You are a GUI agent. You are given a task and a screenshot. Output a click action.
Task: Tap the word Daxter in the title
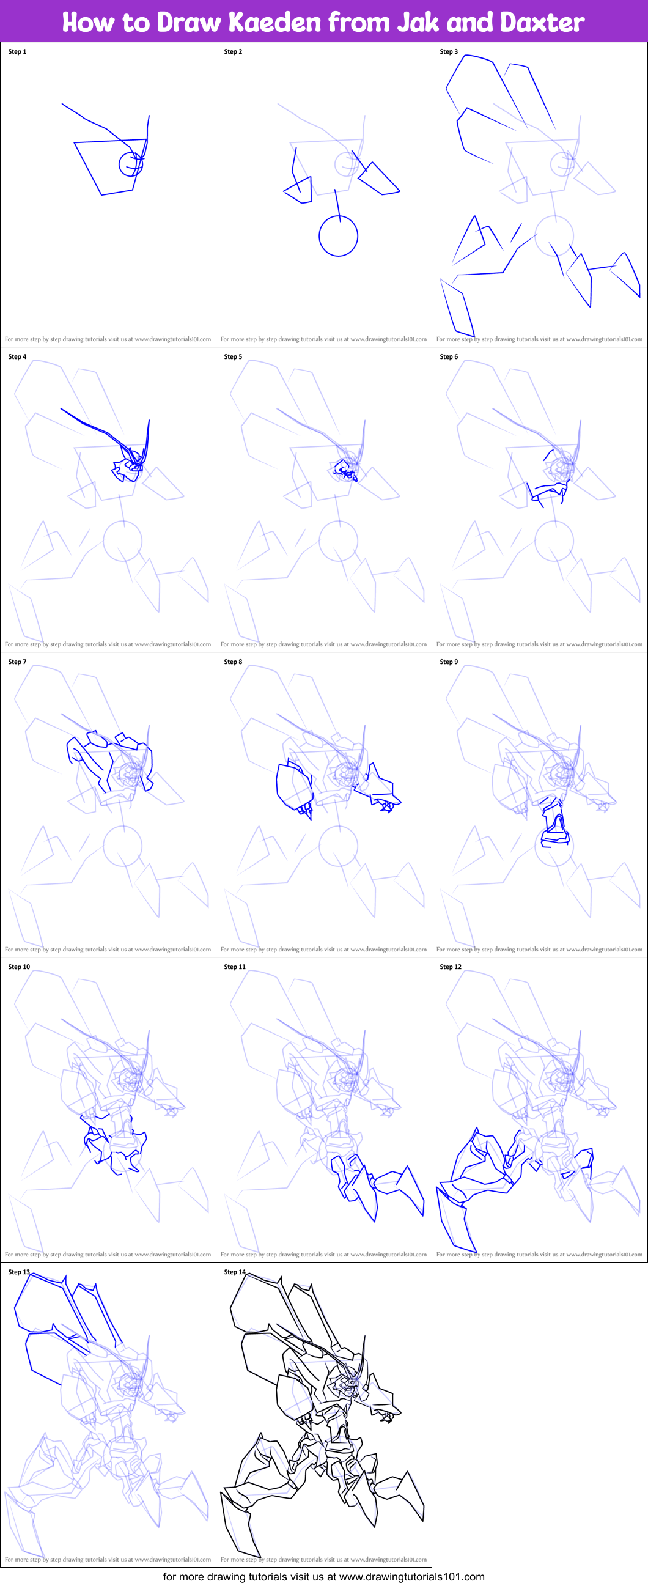pos(542,22)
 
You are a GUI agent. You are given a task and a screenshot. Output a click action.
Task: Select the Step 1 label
pos(17,52)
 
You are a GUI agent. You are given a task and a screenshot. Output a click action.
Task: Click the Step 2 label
pos(233,52)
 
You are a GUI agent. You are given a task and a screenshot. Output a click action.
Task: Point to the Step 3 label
pos(449,52)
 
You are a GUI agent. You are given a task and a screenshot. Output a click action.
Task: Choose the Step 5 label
pos(233,356)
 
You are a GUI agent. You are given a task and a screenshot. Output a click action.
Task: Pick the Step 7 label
pos(17,662)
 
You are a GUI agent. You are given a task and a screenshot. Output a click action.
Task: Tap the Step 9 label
pos(449,662)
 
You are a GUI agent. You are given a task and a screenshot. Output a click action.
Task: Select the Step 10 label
pos(19,967)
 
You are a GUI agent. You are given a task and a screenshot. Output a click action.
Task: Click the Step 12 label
pos(451,967)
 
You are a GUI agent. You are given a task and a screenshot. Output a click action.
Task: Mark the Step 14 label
pos(235,1272)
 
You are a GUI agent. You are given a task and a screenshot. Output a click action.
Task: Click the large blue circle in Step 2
pos(339,235)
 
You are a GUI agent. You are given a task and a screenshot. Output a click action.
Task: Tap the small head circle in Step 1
pos(130,164)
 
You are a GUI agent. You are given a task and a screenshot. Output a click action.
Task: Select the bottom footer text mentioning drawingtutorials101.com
pos(323,1577)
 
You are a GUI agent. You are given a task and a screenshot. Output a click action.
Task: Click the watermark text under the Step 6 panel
pos(539,644)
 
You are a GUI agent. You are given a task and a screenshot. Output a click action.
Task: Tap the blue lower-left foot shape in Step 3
pos(457,308)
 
